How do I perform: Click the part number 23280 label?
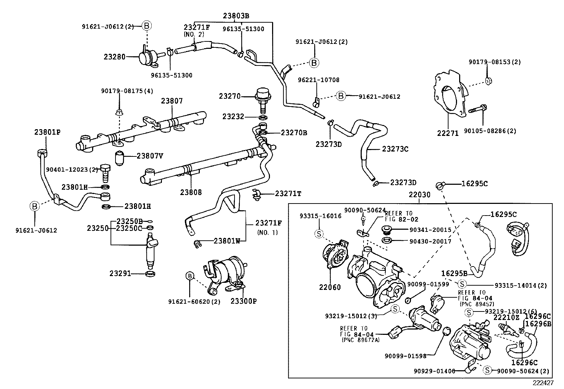click(x=114, y=56)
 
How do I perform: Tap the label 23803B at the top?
click(x=236, y=16)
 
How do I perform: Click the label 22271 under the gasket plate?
click(x=448, y=133)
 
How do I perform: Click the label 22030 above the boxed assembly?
click(x=419, y=195)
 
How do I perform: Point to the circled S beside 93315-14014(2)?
click(x=462, y=284)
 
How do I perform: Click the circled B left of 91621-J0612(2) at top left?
click(x=147, y=25)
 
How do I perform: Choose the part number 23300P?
click(x=243, y=301)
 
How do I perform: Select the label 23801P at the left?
click(x=47, y=132)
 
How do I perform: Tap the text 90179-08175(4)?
click(x=127, y=91)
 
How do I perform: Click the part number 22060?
click(x=330, y=287)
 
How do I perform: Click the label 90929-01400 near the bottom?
click(x=434, y=371)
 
